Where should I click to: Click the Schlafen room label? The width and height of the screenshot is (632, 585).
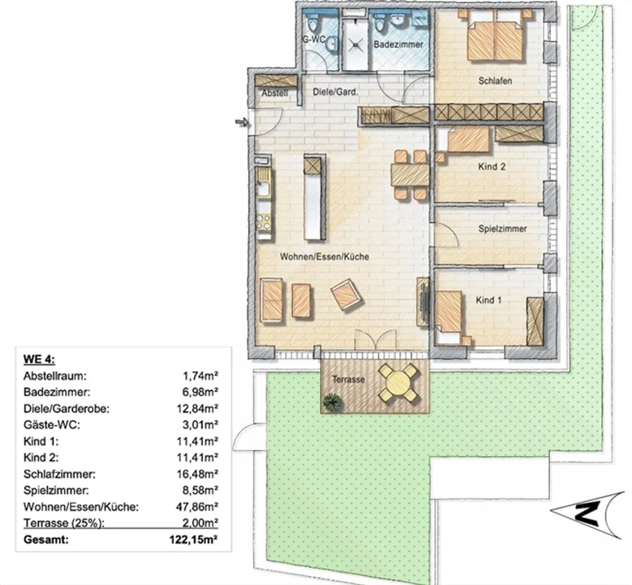(495, 81)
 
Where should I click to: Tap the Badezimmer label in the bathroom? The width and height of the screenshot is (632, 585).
(398, 44)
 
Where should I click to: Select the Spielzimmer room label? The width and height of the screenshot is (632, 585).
(503, 229)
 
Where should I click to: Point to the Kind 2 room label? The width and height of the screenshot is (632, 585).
(492, 167)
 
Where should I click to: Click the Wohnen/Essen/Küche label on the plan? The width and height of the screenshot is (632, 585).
(324, 256)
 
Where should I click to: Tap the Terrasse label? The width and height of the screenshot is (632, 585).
(348, 379)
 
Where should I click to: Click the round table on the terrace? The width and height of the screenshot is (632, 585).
(399, 383)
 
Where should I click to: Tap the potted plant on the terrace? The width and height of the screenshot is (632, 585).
(332, 401)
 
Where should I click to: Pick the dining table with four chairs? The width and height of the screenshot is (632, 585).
(410, 175)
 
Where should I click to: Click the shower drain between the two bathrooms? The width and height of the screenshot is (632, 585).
(355, 43)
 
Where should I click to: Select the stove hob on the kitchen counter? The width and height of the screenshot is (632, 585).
(263, 222)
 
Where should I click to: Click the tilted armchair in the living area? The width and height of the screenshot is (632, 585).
(347, 295)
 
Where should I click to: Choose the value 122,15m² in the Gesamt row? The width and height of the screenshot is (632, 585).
(194, 539)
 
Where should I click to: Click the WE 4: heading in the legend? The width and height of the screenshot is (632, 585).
(39, 359)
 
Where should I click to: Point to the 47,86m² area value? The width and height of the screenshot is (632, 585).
(197, 507)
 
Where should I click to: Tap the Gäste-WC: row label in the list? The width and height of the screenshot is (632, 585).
(52, 425)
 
